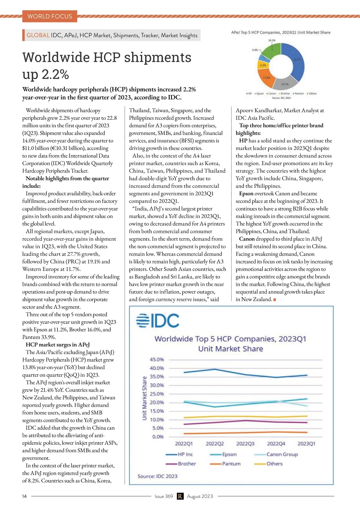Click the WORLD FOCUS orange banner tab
pyautogui.click(x=50, y=16)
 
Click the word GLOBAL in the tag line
pyautogui.click(x=38, y=35)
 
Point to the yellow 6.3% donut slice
pyautogui.click(x=262, y=65)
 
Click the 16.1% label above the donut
pyautogui.click(x=271, y=40)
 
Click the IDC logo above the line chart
pyautogui.click(x=158, y=321)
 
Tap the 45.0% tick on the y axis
pyautogui.click(x=157, y=359)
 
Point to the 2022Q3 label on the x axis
pyautogui.click(x=245, y=444)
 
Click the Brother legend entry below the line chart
pyautogui.click(x=187, y=464)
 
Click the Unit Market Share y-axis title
pyautogui.click(x=145, y=398)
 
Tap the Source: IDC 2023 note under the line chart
pyautogui.click(x=157, y=476)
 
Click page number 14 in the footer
pyautogui.click(x=24, y=496)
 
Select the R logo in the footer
pyautogui.click(x=180, y=496)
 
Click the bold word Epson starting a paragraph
pyautogui.click(x=246, y=194)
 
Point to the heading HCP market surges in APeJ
pyautogui.click(x=58, y=345)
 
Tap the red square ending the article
pyautogui.click(x=275, y=300)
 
